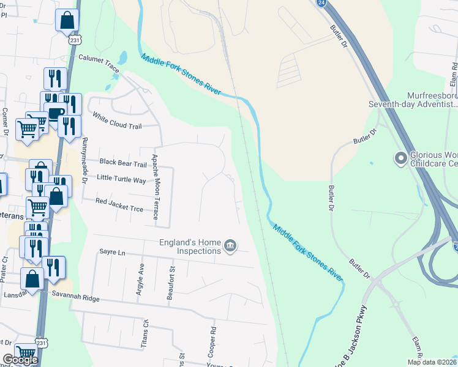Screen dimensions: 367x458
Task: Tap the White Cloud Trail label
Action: click(116, 120)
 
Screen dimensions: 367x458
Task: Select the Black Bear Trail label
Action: click(123, 163)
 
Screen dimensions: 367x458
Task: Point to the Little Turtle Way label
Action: click(121, 180)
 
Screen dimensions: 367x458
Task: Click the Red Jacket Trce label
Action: click(119, 205)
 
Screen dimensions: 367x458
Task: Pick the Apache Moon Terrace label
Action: click(156, 187)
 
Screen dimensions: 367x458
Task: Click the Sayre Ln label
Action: click(112, 252)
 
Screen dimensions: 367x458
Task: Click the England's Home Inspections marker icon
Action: click(230, 246)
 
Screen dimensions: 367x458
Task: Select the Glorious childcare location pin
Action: click(401, 159)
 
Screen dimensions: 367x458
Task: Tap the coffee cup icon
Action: click(54, 113)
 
